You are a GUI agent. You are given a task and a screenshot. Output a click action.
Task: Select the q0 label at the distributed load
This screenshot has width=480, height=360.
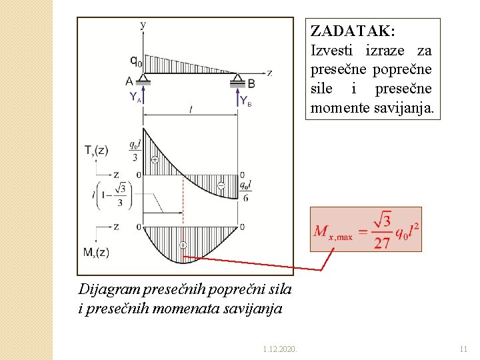click(x=135, y=61)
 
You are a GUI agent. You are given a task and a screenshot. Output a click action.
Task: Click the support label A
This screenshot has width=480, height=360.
click(x=129, y=82)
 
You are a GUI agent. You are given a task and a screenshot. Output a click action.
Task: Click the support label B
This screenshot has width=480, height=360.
click(x=251, y=83)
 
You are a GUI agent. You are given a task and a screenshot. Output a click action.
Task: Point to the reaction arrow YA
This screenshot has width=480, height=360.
click(x=143, y=96)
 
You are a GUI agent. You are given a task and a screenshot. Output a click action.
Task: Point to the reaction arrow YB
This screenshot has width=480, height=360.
click(x=238, y=99)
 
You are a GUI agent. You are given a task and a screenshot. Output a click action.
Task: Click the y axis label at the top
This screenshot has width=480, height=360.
click(x=143, y=24)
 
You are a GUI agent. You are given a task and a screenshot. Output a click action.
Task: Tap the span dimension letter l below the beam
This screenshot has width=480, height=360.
click(x=191, y=110)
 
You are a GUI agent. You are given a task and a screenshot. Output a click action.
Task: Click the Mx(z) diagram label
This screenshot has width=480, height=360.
click(x=97, y=253)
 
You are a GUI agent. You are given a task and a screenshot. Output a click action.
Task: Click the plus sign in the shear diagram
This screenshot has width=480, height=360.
click(x=155, y=160)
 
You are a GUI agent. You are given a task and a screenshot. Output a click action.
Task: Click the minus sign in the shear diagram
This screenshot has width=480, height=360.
click(x=220, y=185)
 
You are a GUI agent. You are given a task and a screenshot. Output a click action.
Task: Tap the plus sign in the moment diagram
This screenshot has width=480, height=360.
click(x=183, y=245)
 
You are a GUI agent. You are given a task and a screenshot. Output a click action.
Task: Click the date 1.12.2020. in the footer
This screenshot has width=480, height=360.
click(x=280, y=348)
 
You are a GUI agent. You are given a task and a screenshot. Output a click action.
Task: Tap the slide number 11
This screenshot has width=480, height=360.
click(x=465, y=348)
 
